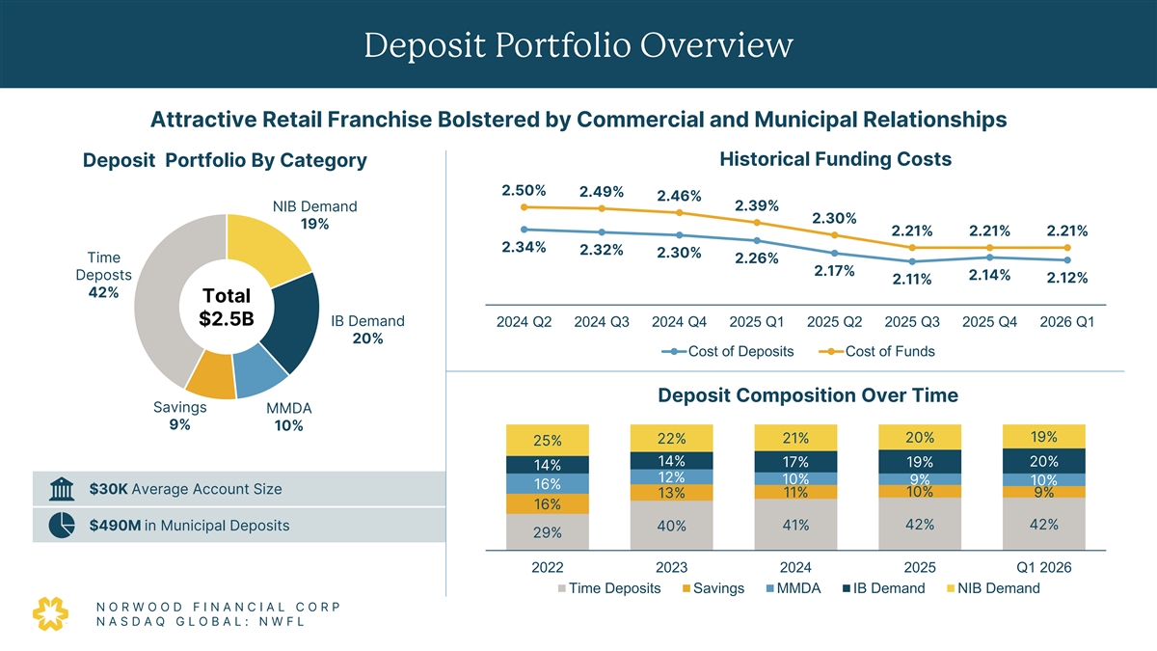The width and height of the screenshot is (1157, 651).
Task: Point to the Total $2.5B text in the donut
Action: click(227, 307)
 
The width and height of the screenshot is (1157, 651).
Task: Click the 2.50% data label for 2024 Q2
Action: click(525, 189)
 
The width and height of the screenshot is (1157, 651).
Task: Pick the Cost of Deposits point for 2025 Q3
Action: click(912, 261)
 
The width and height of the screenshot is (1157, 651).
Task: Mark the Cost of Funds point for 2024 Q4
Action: click(680, 212)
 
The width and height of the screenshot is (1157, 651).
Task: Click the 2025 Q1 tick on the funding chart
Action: click(757, 322)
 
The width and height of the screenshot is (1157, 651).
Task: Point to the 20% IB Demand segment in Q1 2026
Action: click(1044, 460)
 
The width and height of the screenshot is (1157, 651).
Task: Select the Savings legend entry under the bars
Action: click(712, 588)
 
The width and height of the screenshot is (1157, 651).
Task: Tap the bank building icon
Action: click(61, 489)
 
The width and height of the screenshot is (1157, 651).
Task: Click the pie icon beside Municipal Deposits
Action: click(61, 526)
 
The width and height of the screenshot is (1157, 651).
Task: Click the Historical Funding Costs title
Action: click(835, 159)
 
